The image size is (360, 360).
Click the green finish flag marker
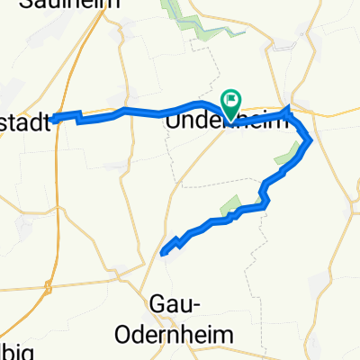[231, 101]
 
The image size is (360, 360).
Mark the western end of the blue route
[55, 117]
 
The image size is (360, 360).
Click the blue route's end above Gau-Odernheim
[163, 253]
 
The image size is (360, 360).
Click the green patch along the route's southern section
[230, 205]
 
